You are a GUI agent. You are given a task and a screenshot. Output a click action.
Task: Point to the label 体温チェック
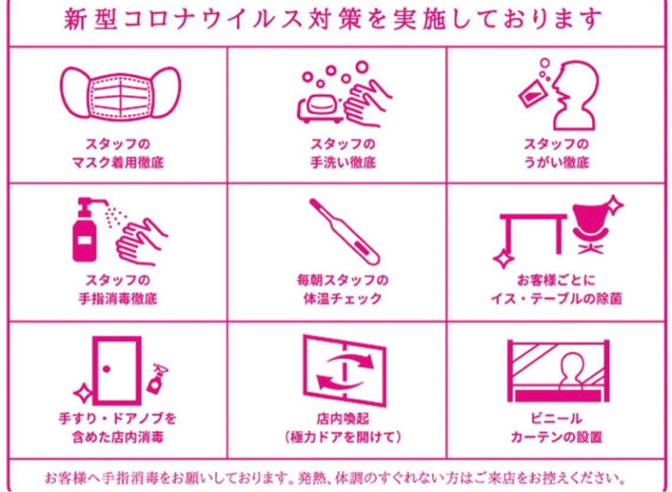pos(343,299)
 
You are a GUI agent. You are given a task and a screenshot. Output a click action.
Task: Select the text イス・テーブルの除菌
pos(556,299)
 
